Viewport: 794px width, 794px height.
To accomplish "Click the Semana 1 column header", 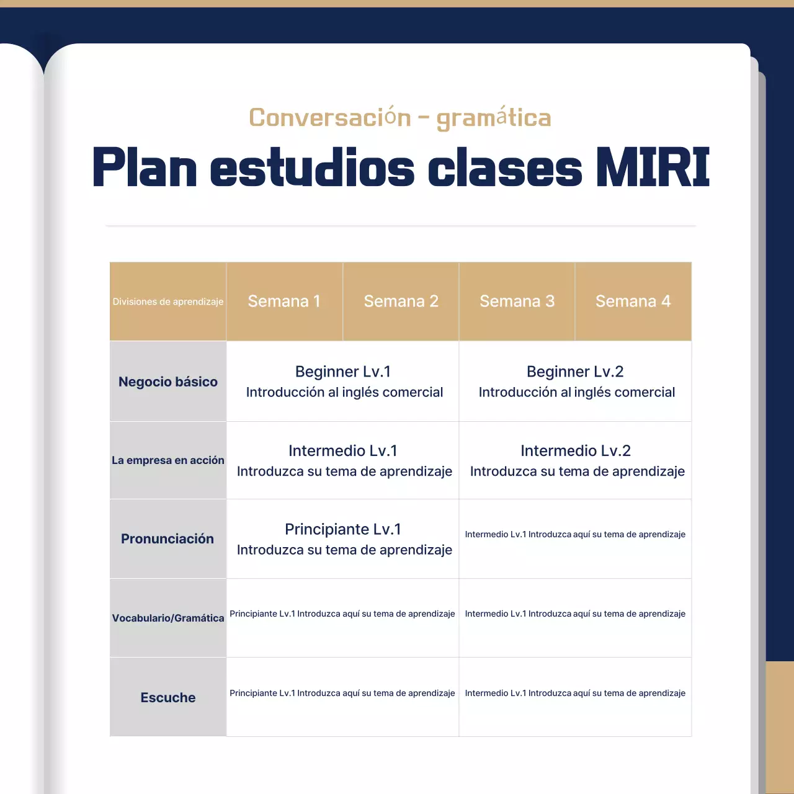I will tap(284, 301).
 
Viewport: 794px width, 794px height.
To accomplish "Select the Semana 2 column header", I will tap(401, 301).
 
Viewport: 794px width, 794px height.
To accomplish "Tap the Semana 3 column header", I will tap(517, 301).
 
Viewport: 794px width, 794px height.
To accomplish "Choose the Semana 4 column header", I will tap(633, 301).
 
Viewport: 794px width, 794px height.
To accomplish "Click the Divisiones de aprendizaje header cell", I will tap(168, 302).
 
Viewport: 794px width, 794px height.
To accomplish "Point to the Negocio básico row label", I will tap(168, 382).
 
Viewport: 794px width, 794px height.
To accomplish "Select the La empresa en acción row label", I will tap(168, 460).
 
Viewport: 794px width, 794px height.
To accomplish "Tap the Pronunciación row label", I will tap(167, 539).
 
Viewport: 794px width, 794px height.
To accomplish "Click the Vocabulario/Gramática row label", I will tap(168, 618).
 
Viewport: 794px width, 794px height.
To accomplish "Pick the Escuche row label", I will tap(168, 698).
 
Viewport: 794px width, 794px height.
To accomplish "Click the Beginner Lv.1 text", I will tap(343, 372).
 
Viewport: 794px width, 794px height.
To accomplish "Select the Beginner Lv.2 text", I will tap(575, 372).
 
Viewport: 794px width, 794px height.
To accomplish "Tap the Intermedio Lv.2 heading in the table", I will tap(576, 451).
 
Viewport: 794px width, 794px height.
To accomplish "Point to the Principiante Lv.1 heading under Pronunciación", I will tap(343, 529).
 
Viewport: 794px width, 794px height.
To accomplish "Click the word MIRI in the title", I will tap(653, 168).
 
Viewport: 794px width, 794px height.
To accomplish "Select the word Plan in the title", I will tap(145, 168).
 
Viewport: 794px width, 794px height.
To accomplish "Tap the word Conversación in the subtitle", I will tap(330, 118).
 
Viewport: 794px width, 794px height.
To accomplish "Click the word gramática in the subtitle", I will tap(494, 118).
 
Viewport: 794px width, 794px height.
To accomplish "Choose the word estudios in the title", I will tap(313, 168).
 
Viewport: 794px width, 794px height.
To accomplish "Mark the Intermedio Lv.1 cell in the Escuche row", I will tap(575, 694).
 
